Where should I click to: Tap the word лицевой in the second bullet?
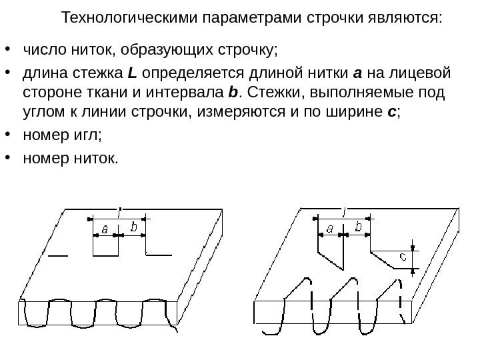point(425,72)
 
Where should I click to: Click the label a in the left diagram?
point(104,229)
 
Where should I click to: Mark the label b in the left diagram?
point(134,228)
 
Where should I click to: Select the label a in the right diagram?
point(330,229)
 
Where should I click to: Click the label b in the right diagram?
point(359,228)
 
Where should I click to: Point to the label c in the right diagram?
point(403,256)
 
